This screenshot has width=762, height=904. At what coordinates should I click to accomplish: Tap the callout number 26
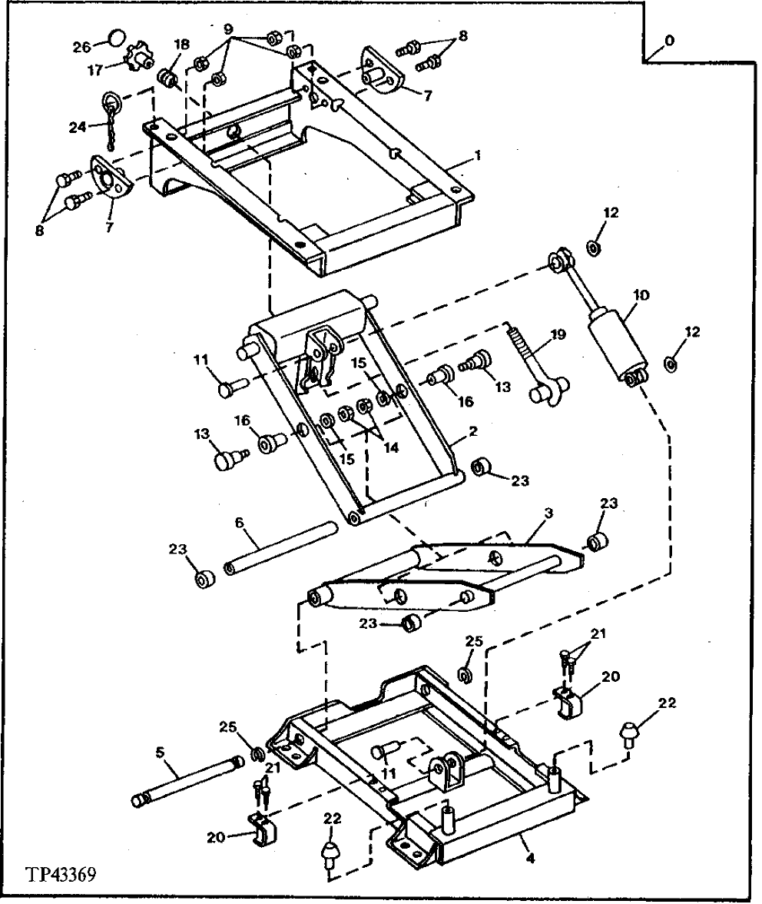click(81, 48)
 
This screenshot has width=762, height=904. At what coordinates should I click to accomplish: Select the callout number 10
click(642, 294)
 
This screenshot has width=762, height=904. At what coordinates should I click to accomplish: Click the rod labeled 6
click(280, 547)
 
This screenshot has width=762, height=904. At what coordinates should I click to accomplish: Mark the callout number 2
click(475, 431)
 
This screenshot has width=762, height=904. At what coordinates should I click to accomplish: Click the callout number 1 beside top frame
click(478, 155)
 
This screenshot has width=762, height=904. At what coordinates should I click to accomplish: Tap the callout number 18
click(182, 44)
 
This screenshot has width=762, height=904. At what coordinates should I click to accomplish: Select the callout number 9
click(228, 28)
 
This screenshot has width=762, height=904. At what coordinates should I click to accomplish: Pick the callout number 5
click(161, 755)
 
